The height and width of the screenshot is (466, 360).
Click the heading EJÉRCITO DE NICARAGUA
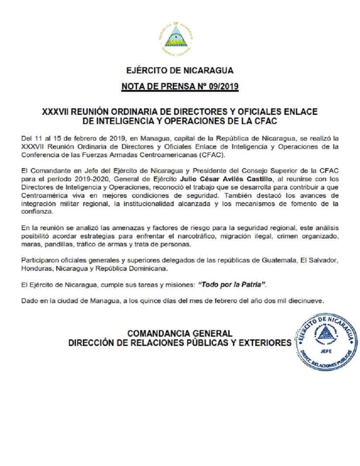tap(180, 70)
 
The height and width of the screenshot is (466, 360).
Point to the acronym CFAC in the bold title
tap(266, 120)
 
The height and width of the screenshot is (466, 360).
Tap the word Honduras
tap(36, 268)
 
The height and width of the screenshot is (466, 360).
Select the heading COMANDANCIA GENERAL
tap(180, 333)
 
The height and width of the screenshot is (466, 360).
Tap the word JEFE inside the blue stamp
tap(324, 350)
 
